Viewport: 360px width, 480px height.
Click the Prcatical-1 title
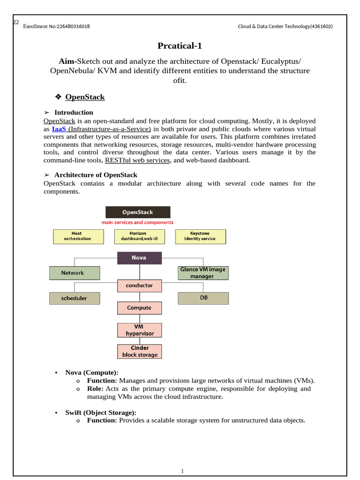point(180,46)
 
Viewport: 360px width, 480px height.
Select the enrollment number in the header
point(56,27)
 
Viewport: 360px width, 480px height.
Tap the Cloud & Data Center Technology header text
point(285,27)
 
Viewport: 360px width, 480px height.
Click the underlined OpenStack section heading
point(85,97)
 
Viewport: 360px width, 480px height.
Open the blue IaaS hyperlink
point(59,128)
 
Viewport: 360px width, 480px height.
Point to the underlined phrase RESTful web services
point(137,160)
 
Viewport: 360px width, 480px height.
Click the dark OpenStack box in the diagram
point(138,212)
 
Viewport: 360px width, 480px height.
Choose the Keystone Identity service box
point(200,236)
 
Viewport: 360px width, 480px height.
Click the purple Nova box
point(139,258)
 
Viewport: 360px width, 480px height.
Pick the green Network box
point(75,273)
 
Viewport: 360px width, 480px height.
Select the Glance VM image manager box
point(203,273)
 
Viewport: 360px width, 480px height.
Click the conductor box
point(139,285)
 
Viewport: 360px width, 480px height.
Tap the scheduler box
point(75,298)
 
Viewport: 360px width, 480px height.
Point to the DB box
point(203,298)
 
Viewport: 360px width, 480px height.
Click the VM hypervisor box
point(139,330)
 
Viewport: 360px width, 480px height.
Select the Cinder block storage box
point(139,352)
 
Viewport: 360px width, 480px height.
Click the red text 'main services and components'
point(138,223)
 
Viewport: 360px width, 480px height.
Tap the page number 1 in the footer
point(182,471)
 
